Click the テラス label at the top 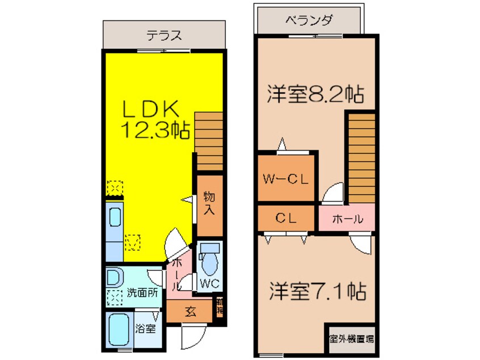click(x=164, y=36)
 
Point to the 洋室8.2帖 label click(x=315, y=94)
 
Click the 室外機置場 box click(x=351, y=339)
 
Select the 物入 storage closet click(x=209, y=203)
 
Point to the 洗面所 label click(x=142, y=294)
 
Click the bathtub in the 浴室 click(x=119, y=329)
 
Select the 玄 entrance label click(x=190, y=311)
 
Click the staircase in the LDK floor click(x=208, y=140)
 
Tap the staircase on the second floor click(x=361, y=156)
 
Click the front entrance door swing click(x=191, y=338)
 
